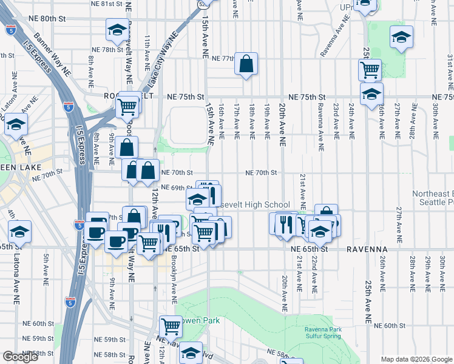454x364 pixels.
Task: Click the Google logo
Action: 20,357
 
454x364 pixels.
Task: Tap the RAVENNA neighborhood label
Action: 367,249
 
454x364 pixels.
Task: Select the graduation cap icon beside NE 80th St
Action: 117,29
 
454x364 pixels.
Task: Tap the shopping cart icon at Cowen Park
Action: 171,327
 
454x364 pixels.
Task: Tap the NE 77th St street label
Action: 220,59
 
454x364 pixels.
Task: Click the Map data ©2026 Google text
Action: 416,359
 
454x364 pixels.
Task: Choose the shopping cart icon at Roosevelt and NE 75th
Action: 128,106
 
